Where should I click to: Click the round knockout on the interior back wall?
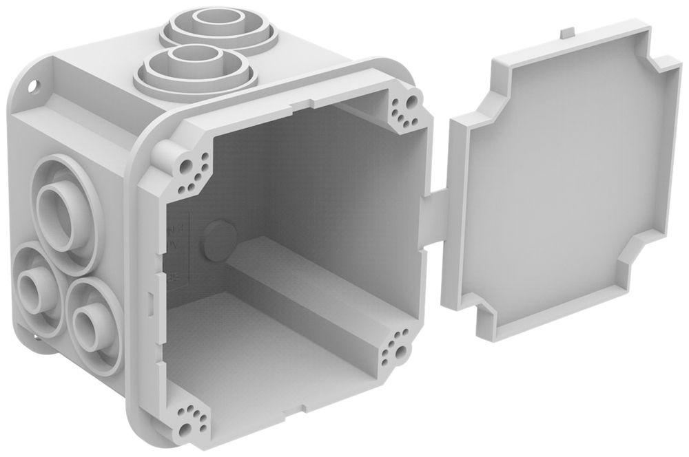219,237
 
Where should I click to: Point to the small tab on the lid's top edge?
566,32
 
